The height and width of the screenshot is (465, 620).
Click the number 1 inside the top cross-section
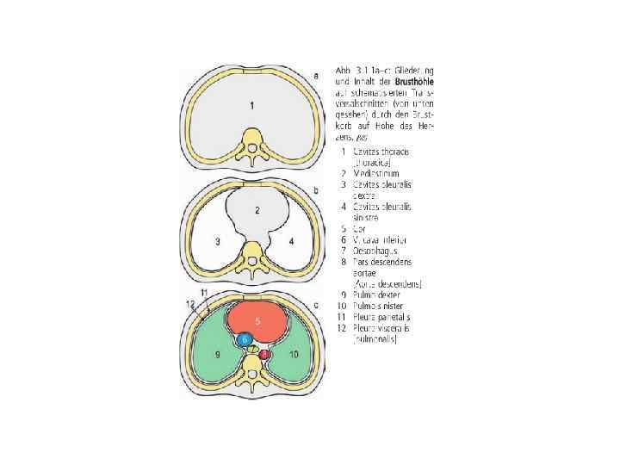pyautogui.click(x=251, y=106)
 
